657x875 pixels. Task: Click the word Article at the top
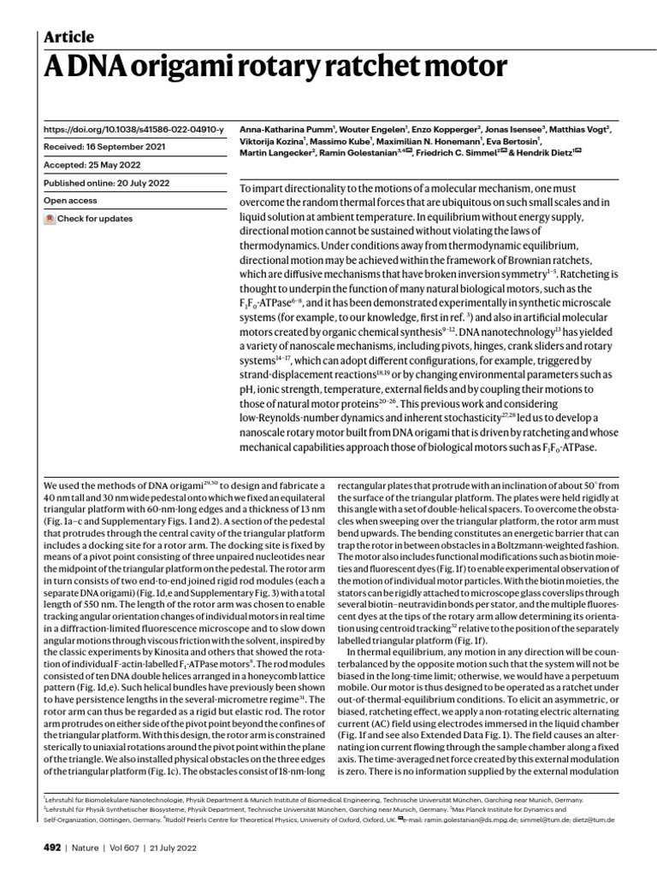point(68,36)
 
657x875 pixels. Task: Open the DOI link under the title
point(133,130)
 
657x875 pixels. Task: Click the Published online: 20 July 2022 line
point(108,183)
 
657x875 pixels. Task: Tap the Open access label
point(72,201)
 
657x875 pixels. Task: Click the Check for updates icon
point(50,219)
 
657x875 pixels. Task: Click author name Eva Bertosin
point(512,141)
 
